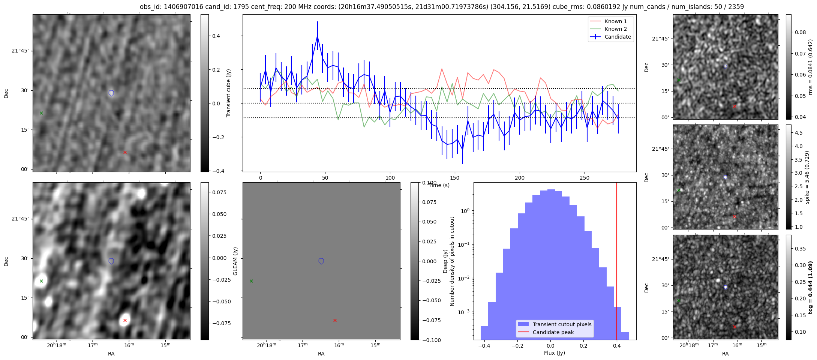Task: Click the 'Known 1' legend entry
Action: point(615,21)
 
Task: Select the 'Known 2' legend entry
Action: point(615,29)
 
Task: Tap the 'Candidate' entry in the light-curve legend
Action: point(618,37)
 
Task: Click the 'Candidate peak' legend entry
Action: point(553,332)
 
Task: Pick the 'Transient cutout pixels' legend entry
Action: point(562,324)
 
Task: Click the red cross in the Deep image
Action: point(125,320)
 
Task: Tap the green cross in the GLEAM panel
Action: point(251,281)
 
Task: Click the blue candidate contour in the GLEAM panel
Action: point(321,261)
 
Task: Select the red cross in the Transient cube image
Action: point(125,152)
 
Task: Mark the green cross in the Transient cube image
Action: point(41,113)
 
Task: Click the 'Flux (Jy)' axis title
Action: point(554,353)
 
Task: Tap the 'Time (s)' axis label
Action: point(439,185)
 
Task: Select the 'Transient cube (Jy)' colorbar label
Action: point(228,93)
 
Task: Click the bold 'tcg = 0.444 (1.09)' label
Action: point(810,287)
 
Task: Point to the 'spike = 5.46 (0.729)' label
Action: point(807,177)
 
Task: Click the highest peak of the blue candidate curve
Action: point(317,36)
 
